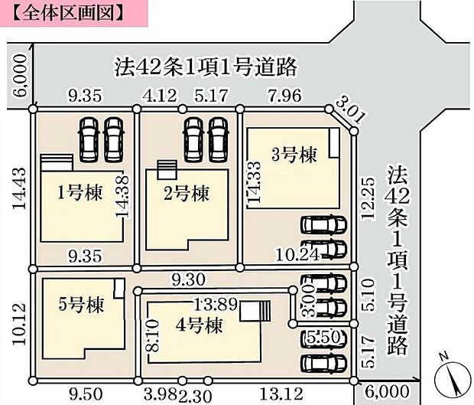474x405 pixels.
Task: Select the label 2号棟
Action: (187, 194)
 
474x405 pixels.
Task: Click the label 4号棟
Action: (200, 326)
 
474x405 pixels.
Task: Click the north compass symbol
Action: (449, 374)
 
